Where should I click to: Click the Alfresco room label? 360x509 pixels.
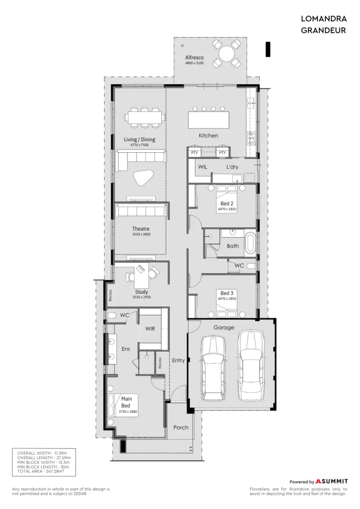pyautogui.click(x=195, y=58)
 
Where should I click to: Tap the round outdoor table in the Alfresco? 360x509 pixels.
pyautogui.click(x=226, y=53)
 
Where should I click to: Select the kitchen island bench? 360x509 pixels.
pyautogui.click(x=209, y=120)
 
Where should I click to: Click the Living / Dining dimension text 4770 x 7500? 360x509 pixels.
pyautogui.click(x=140, y=145)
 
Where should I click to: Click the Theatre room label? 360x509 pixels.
pyautogui.click(x=141, y=229)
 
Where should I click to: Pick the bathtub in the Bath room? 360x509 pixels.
pyautogui.click(x=250, y=242)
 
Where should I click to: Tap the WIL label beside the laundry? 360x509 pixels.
pyautogui.click(x=202, y=167)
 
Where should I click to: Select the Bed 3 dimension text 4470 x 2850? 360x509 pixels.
pyautogui.click(x=227, y=299)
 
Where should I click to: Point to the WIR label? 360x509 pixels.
pyautogui.click(x=150, y=329)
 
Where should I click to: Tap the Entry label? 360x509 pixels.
pyautogui.click(x=178, y=360)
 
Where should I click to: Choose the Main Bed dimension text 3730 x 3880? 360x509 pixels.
pyautogui.click(x=128, y=412)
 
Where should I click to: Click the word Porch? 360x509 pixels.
pyautogui.click(x=181, y=427)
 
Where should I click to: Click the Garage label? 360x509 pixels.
pyautogui.click(x=224, y=328)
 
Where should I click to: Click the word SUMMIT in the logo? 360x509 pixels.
pyautogui.click(x=335, y=481)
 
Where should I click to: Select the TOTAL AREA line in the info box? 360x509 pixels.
pyautogui.click(x=41, y=471)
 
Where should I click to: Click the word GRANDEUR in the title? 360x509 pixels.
pyautogui.click(x=323, y=30)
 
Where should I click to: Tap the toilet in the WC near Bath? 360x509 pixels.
pyautogui.click(x=251, y=266)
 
